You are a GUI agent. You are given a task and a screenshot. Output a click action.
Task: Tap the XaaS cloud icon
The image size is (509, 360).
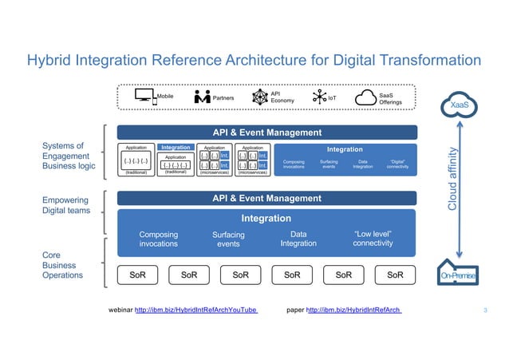459,104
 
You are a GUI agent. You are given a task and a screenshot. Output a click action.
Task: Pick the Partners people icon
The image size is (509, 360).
202,97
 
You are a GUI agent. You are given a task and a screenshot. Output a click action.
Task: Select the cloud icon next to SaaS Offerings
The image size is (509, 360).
366,97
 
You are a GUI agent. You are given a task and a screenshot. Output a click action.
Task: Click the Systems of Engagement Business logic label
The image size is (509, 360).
67,156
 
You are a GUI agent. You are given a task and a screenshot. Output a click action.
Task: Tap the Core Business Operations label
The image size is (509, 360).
62,265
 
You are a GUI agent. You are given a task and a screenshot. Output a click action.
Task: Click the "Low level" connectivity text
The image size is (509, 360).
373,239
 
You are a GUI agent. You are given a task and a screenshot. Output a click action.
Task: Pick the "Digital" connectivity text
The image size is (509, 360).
397,164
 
